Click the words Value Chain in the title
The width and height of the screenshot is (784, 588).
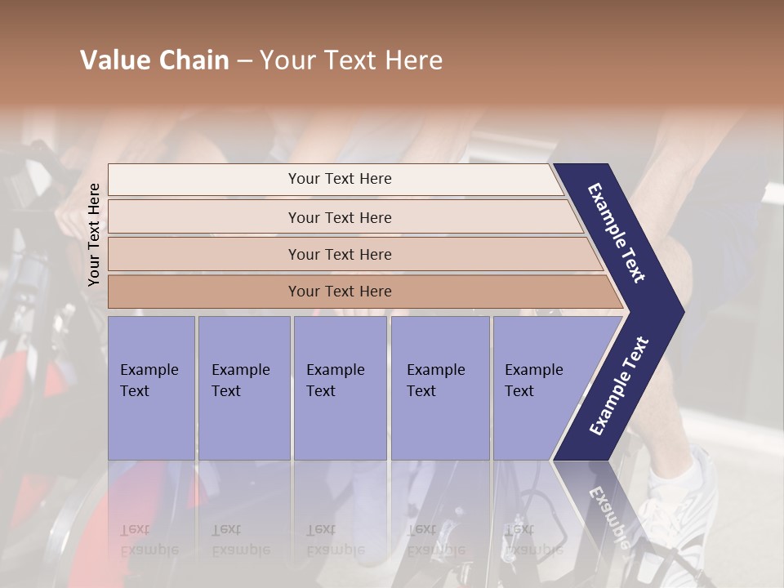pyautogui.click(x=154, y=60)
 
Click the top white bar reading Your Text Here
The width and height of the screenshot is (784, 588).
pyautogui.click(x=339, y=179)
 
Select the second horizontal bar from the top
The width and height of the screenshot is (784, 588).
pyautogui.click(x=339, y=217)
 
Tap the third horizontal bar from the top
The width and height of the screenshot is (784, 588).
pyautogui.click(x=339, y=254)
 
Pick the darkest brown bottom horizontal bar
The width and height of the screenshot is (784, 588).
pyautogui.click(x=339, y=292)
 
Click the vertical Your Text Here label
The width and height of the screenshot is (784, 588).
pyautogui.click(x=94, y=234)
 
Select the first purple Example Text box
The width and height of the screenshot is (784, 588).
pyautogui.click(x=151, y=387)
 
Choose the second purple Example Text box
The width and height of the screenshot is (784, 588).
pyautogui.click(x=243, y=387)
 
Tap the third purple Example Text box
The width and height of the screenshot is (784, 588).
pyautogui.click(x=340, y=387)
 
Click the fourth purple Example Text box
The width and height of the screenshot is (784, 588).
pyautogui.click(x=439, y=387)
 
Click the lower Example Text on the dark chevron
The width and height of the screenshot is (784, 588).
pyautogui.click(x=620, y=385)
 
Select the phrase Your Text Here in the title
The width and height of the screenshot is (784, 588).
pyautogui.click(x=351, y=60)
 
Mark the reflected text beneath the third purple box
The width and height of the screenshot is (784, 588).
pyautogui.click(x=335, y=540)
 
